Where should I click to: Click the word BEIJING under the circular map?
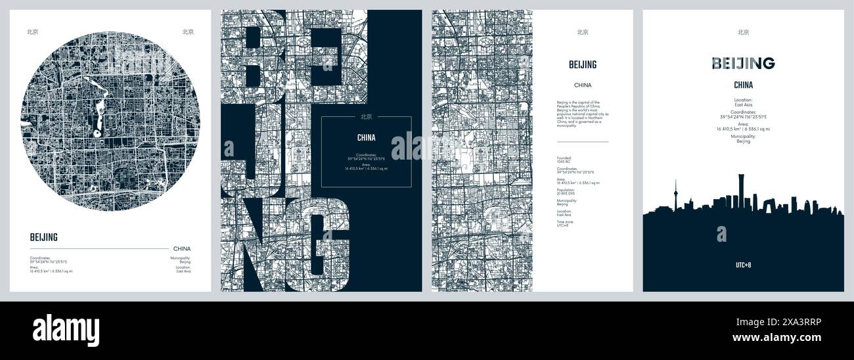click(44, 238)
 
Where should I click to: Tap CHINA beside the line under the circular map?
click(182, 249)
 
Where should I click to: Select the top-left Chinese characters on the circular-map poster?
click(32, 31)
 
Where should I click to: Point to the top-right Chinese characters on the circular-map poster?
click(188, 31)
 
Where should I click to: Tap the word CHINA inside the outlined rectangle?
click(366, 138)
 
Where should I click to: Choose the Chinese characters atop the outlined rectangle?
click(366, 118)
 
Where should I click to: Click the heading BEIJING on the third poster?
click(583, 64)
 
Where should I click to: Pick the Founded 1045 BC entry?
click(565, 160)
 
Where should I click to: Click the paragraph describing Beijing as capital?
click(582, 114)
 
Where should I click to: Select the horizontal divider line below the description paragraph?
click(582, 141)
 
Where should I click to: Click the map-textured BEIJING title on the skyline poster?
click(743, 63)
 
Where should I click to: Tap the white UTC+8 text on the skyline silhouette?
click(743, 265)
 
